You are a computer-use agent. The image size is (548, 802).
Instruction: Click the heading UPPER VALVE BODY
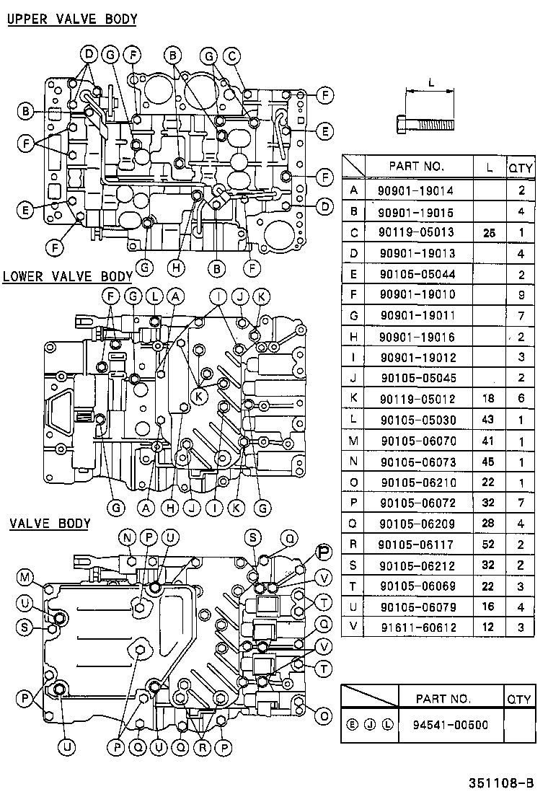pyautogui.click(x=72, y=19)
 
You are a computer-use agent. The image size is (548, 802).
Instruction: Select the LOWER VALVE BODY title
pyautogui.click(x=68, y=276)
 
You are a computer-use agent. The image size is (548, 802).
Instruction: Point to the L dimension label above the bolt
pyautogui.click(x=430, y=83)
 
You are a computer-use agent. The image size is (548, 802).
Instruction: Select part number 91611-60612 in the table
pyautogui.click(x=419, y=627)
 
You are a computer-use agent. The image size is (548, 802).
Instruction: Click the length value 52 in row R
pyautogui.click(x=489, y=544)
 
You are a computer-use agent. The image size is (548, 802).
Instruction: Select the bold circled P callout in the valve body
pyautogui.click(x=324, y=553)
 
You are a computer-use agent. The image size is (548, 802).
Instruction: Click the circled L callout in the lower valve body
pyautogui.click(x=154, y=296)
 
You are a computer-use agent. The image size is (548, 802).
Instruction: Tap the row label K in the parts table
pyautogui.click(x=353, y=398)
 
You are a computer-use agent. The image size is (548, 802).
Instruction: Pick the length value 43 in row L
pyautogui.click(x=489, y=419)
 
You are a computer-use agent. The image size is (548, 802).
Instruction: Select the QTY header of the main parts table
pyautogui.click(x=521, y=168)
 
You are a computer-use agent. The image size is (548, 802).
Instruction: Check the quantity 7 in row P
pyautogui.click(x=521, y=503)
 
